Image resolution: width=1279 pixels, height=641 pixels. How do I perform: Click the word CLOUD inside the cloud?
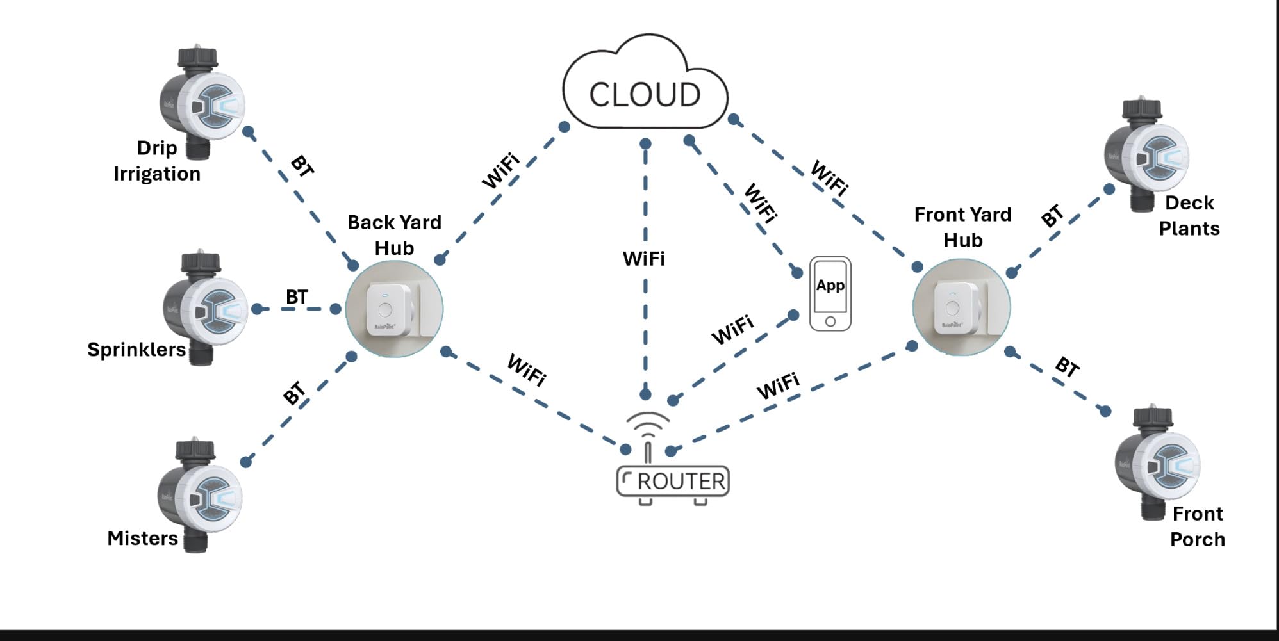click(645, 95)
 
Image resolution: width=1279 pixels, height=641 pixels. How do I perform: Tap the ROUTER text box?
click(673, 481)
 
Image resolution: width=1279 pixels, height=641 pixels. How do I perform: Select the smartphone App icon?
click(830, 293)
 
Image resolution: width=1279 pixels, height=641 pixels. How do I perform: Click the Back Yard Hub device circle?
click(394, 308)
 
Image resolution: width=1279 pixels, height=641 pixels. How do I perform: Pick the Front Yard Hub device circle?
click(961, 307)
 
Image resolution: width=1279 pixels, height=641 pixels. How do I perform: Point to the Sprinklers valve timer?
click(204, 308)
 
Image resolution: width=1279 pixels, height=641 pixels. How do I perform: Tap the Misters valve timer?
click(199, 495)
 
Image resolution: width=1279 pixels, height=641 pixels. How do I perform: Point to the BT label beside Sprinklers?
click(297, 297)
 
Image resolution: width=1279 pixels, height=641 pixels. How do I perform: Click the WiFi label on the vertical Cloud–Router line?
click(643, 259)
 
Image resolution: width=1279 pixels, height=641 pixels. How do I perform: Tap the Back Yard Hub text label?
click(394, 235)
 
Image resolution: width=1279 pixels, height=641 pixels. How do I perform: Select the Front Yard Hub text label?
click(962, 227)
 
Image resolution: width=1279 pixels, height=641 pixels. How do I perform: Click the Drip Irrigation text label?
click(157, 161)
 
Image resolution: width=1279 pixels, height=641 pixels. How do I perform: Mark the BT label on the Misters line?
click(294, 393)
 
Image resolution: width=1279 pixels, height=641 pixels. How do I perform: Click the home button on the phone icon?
click(830, 321)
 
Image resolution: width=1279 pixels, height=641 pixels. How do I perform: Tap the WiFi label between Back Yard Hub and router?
click(527, 370)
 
